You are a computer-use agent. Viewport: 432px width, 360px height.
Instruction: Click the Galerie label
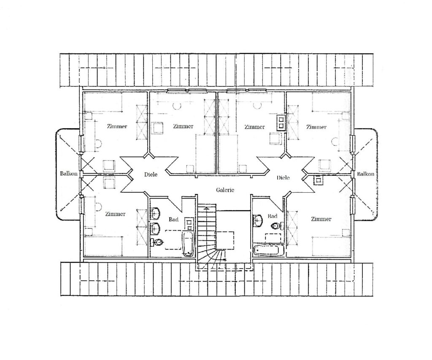click(x=225, y=190)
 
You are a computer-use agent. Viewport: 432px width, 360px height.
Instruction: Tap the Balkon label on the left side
click(x=69, y=173)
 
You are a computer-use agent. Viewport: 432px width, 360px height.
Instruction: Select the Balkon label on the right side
click(x=366, y=174)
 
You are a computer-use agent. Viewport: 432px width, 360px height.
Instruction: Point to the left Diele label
click(x=151, y=174)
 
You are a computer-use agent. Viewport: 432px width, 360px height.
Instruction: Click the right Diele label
click(x=283, y=177)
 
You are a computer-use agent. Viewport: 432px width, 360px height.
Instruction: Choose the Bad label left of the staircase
click(x=173, y=219)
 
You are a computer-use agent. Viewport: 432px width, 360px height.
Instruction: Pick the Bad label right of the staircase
click(x=272, y=216)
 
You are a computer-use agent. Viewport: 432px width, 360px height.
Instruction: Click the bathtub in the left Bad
click(x=189, y=244)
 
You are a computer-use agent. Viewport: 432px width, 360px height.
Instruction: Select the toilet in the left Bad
click(x=157, y=242)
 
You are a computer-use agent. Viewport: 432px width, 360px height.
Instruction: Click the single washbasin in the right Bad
click(x=259, y=220)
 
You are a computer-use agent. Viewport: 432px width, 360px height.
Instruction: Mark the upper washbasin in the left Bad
click(x=155, y=213)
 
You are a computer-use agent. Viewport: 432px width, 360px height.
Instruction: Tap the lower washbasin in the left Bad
click(x=155, y=228)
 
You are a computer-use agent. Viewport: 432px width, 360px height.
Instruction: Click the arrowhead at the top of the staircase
click(x=205, y=209)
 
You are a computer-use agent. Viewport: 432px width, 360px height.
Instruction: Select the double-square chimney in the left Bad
click(x=189, y=224)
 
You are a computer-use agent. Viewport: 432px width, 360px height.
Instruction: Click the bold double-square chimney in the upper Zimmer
click(x=281, y=123)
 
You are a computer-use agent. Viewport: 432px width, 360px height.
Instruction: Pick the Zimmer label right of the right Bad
click(x=321, y=219)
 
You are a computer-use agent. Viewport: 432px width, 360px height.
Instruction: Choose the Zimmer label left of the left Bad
click(x=115, y=214)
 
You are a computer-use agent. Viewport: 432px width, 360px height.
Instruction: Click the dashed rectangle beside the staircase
click(x=224, y=240)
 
